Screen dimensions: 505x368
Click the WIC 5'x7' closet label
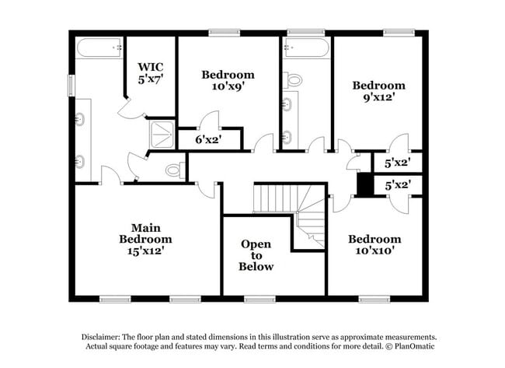151,73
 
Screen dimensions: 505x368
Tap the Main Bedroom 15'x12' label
145,239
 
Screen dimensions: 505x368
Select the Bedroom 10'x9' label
228,80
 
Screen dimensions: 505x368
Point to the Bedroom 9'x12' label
379,91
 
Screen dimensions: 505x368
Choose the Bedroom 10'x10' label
375,244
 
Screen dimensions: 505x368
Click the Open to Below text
256,255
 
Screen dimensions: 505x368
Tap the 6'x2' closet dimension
209,139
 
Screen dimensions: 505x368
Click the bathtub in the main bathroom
99,48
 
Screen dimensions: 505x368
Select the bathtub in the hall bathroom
306,48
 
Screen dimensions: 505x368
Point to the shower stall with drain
162,135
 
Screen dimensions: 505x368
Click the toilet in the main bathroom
176,170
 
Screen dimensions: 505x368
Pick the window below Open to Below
259,300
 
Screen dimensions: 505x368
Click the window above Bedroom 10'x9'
225,33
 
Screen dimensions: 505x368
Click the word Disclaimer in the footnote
101,338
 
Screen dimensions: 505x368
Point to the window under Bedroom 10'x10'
374,300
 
